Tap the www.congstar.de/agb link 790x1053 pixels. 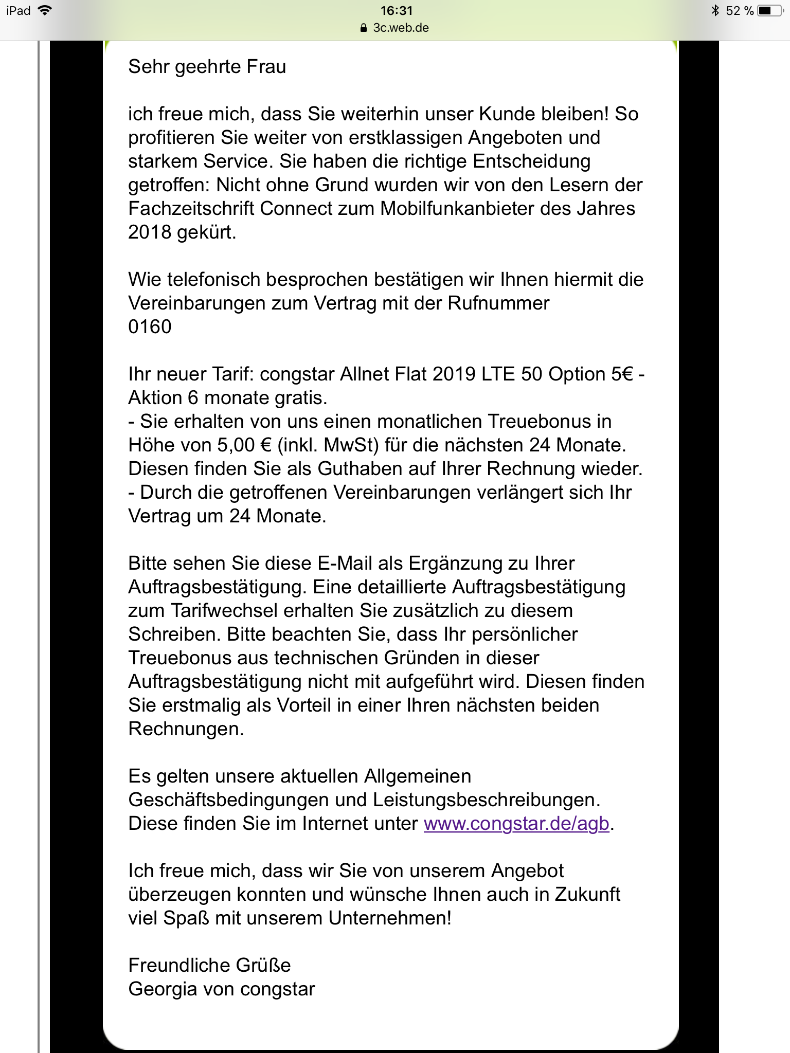coord(516,824)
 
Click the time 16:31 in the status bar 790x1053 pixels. coord(397,11)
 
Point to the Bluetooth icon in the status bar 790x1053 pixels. coord(715,11)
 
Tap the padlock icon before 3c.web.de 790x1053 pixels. coord(364,28)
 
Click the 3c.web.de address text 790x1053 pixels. coord(401,28)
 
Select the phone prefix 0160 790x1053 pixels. coord(150,327)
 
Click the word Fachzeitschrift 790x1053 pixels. coord(191,209)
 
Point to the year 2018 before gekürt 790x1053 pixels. coord(150,232)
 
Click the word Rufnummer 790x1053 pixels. coord(498,303)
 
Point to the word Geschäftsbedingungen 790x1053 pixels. coord(247,800)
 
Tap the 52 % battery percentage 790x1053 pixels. coord(740,11)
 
